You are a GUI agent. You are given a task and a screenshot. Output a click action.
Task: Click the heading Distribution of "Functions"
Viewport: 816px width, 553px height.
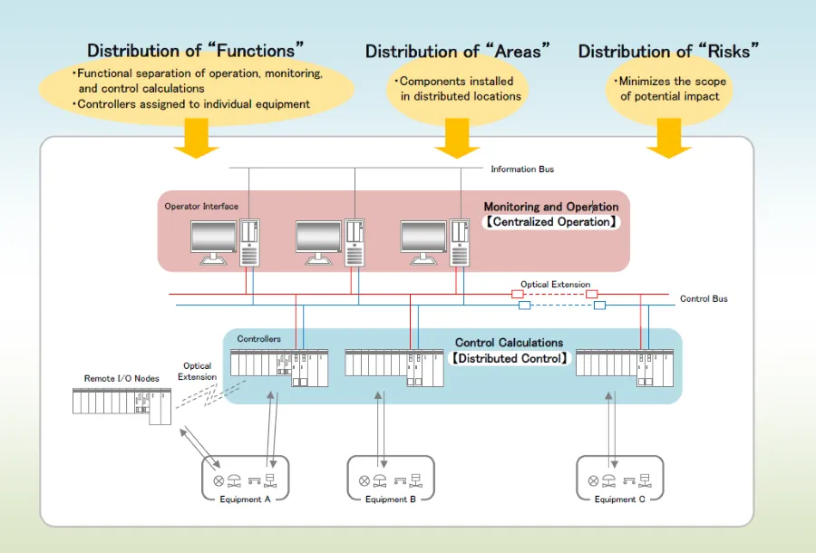pyautogui.click(x=195, y=51)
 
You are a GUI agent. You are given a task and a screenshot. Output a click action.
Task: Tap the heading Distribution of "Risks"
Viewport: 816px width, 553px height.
pyautogui.click(x=670, y=52)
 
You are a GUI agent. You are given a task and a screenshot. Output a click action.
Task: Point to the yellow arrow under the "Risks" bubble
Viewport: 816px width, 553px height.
pyautogui.click(x=669, y=141)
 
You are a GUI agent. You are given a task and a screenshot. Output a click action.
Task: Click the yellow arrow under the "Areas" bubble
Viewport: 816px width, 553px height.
pyautogui.click(x=457, y=141)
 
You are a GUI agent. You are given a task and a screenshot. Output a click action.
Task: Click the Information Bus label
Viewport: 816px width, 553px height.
pyautogui.click(x=522, y=170)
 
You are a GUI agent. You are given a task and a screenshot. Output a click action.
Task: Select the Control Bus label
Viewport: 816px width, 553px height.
pyautogui.click(x=704, y=298)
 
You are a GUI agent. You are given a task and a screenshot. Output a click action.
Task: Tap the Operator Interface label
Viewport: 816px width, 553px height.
pyautogui.click(x=201, y=207)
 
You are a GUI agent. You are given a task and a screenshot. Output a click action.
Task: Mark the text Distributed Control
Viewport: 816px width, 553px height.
pyautogui.click(x=510, y=358)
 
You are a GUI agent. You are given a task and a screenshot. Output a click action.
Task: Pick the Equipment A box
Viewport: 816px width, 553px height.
pyautogui.click(x=245, y=479)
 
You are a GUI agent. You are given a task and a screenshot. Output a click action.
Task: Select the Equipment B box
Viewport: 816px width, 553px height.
pyautogui.click(x=391, y=479)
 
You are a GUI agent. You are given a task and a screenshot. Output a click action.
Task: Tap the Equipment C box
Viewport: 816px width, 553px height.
pyautogui.click(x=620, y=479)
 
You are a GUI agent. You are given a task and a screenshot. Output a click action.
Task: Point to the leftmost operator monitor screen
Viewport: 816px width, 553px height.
pyautogui.click(x=213, y=238)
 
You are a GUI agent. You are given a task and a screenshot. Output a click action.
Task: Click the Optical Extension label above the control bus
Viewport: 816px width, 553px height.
pyautogui.click(x=555, y=285)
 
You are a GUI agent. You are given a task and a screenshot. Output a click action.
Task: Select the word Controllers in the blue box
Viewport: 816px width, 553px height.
pyautogui.click(x=258, y=340)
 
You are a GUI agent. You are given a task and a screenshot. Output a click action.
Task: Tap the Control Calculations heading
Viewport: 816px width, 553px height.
pyautogui.click(x=509, y=343)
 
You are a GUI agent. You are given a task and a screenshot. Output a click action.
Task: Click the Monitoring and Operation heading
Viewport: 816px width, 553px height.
pyautogui.click(x=550, y=207)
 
